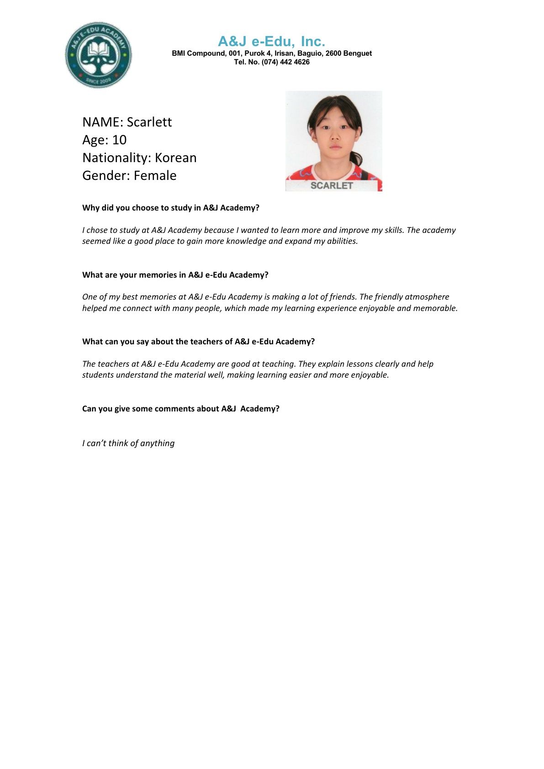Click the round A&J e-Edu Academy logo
tap(98, 55)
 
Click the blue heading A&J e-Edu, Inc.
tap(271, 42)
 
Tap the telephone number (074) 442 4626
tap(285, 62)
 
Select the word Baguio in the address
tap(310, 53)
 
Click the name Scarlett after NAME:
tap(149, 122)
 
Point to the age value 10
tap(119, 140)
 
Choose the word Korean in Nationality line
tap(175, 158)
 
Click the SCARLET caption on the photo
tap(332, 185)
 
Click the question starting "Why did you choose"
tap(171, 208)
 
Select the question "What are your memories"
tap(175, 275)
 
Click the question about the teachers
tap(199, 342)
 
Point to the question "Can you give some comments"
tap(181, 409)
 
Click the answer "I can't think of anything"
tap(128, 443)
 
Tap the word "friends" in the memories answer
tap(343, 297)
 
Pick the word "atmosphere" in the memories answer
tap(427, 297)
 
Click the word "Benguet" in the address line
tap(357, 53)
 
